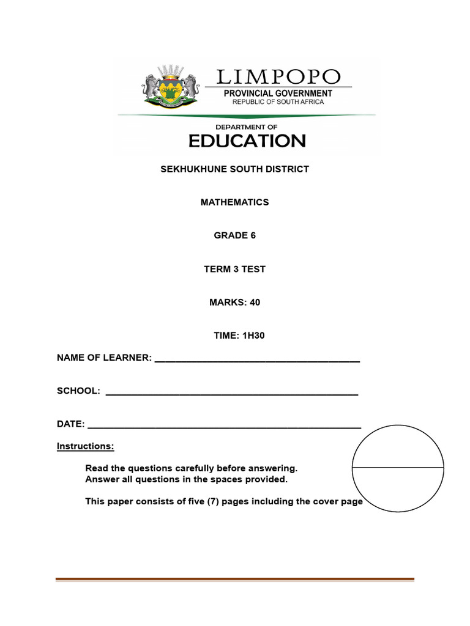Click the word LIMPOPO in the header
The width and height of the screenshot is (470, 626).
(x=278, y=77)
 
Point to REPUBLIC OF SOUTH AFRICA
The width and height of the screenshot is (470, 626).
(x=278, y=101)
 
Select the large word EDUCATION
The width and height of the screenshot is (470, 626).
(x=247, y=141)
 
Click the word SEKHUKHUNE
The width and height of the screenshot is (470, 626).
(x=190, y=169)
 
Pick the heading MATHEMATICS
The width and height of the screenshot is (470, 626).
(x=234, y=202)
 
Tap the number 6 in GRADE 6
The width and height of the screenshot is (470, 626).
(x=253, y=235)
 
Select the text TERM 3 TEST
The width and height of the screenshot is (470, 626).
(x=234, y=269)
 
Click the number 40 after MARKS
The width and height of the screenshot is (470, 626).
(x=255, y=302)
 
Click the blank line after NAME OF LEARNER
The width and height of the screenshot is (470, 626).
(x=257, y=361)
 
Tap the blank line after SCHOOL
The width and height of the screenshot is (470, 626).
(x=232, y=394)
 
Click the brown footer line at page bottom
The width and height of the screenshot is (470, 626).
(x=235, y=580)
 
